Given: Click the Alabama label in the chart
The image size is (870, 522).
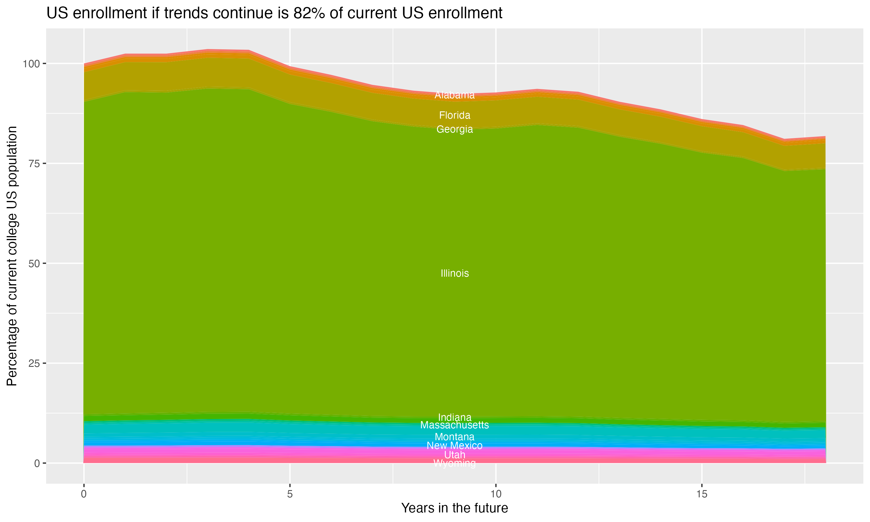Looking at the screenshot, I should click(454, 95).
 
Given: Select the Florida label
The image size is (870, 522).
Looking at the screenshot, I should click(454, 115).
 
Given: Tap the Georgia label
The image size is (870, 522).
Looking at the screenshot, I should click(454, 129).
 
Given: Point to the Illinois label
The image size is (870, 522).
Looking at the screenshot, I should click(454, 273).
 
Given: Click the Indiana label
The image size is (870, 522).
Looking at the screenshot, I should click(454, 417).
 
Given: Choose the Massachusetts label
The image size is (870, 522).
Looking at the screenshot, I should click(454, 425).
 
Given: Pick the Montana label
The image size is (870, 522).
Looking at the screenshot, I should click(454, 437).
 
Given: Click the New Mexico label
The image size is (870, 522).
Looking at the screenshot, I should click(454, 445).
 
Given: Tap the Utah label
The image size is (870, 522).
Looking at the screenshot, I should click(454, 455).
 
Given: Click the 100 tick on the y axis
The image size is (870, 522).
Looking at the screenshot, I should click(32, 64).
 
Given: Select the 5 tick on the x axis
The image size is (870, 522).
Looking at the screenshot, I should click(290, 494).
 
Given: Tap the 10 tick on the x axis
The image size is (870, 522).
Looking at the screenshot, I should click(496, 494).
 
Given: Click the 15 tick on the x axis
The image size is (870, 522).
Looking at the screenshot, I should click(702, 494).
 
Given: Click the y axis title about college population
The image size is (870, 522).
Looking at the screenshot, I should click(12, 256).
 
